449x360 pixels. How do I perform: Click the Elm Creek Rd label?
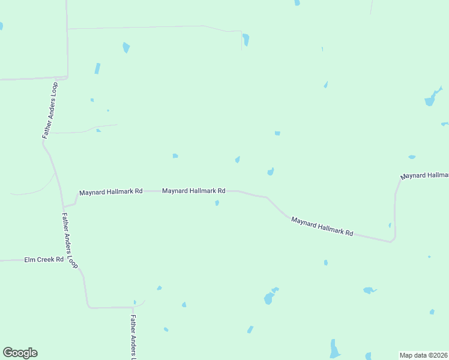point(43,260)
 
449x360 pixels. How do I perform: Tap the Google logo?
point(20,353)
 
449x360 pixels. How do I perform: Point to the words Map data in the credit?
point(413,355)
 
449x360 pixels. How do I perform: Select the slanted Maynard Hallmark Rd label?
point(322,226)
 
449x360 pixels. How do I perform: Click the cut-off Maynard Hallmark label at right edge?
point(425,175)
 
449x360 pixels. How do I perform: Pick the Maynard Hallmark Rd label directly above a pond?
point(193,191)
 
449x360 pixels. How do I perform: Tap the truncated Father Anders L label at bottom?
point(133,336)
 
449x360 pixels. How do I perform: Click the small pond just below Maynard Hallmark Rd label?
point(217,203)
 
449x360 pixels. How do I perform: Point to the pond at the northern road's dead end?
point(246,40)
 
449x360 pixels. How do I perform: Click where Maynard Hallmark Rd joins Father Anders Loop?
point(64,206)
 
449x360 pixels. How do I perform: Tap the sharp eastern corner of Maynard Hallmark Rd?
point(392,241)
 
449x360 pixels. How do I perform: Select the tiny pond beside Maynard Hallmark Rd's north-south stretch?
point(390,226)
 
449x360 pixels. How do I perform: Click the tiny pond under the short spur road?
point(98,130)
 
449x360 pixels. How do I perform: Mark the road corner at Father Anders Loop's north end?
point(67,77)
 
